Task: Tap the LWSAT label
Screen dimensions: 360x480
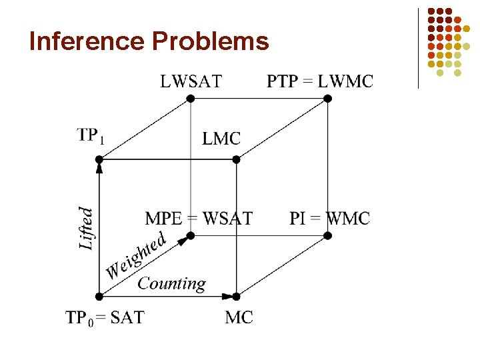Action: click(191, 81)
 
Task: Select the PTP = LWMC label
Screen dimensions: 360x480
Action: click(320, 81)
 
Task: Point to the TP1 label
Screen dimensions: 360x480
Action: click(90, 135)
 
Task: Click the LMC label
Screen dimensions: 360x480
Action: click(221, 139)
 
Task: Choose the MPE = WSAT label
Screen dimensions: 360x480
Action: click(199, 218)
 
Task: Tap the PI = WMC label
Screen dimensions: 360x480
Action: click(329, 218)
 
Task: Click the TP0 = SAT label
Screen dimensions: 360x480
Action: click(104, 317)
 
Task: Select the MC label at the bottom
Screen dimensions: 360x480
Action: click(239, 317)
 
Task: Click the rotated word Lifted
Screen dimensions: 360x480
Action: click(87, 228)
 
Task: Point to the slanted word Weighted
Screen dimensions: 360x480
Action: click(137, 256)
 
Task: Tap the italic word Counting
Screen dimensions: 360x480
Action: click(171, 283)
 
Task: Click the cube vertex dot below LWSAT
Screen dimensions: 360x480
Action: click(190, 99)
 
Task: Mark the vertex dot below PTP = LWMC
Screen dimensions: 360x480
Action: click(327, 99)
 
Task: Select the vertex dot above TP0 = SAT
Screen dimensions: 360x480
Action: click(99, 296)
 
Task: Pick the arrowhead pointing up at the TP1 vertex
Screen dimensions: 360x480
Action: click(99, 168)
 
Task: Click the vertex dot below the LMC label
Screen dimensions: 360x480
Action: click(236, 159)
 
